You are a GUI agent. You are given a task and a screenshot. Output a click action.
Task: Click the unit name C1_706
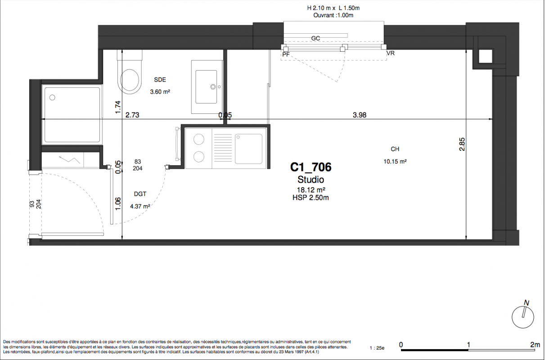[311, 167]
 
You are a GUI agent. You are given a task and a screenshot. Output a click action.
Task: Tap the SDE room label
[160, 80]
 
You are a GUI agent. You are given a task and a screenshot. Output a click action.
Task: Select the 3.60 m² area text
[160, 92]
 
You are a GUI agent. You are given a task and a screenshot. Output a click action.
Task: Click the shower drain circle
[52, 98]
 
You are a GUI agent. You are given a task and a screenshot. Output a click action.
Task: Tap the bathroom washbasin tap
[213, 86]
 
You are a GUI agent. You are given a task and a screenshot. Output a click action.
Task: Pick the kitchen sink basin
[248, 148]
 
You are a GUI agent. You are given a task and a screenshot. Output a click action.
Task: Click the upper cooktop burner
[199, 139]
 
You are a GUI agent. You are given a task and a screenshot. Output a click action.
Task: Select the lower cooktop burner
[199, 157]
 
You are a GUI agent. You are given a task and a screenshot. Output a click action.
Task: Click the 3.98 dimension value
[360, 115]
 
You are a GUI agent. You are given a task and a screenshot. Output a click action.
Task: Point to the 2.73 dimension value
[132, 115]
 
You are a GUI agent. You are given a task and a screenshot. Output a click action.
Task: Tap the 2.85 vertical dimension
[462, 144]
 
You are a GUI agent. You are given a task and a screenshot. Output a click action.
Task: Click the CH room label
[395, 149]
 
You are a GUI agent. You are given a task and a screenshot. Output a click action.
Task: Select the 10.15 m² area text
[395, 161]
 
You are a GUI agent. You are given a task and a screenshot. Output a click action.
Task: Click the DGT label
[140, 194]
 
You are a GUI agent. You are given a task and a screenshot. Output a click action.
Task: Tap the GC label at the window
[315, 38]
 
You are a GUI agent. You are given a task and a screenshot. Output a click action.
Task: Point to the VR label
[390, 53]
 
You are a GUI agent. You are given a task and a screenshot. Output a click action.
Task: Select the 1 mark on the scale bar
[468, 345]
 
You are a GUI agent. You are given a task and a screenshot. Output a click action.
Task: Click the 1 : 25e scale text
[377, 348]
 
